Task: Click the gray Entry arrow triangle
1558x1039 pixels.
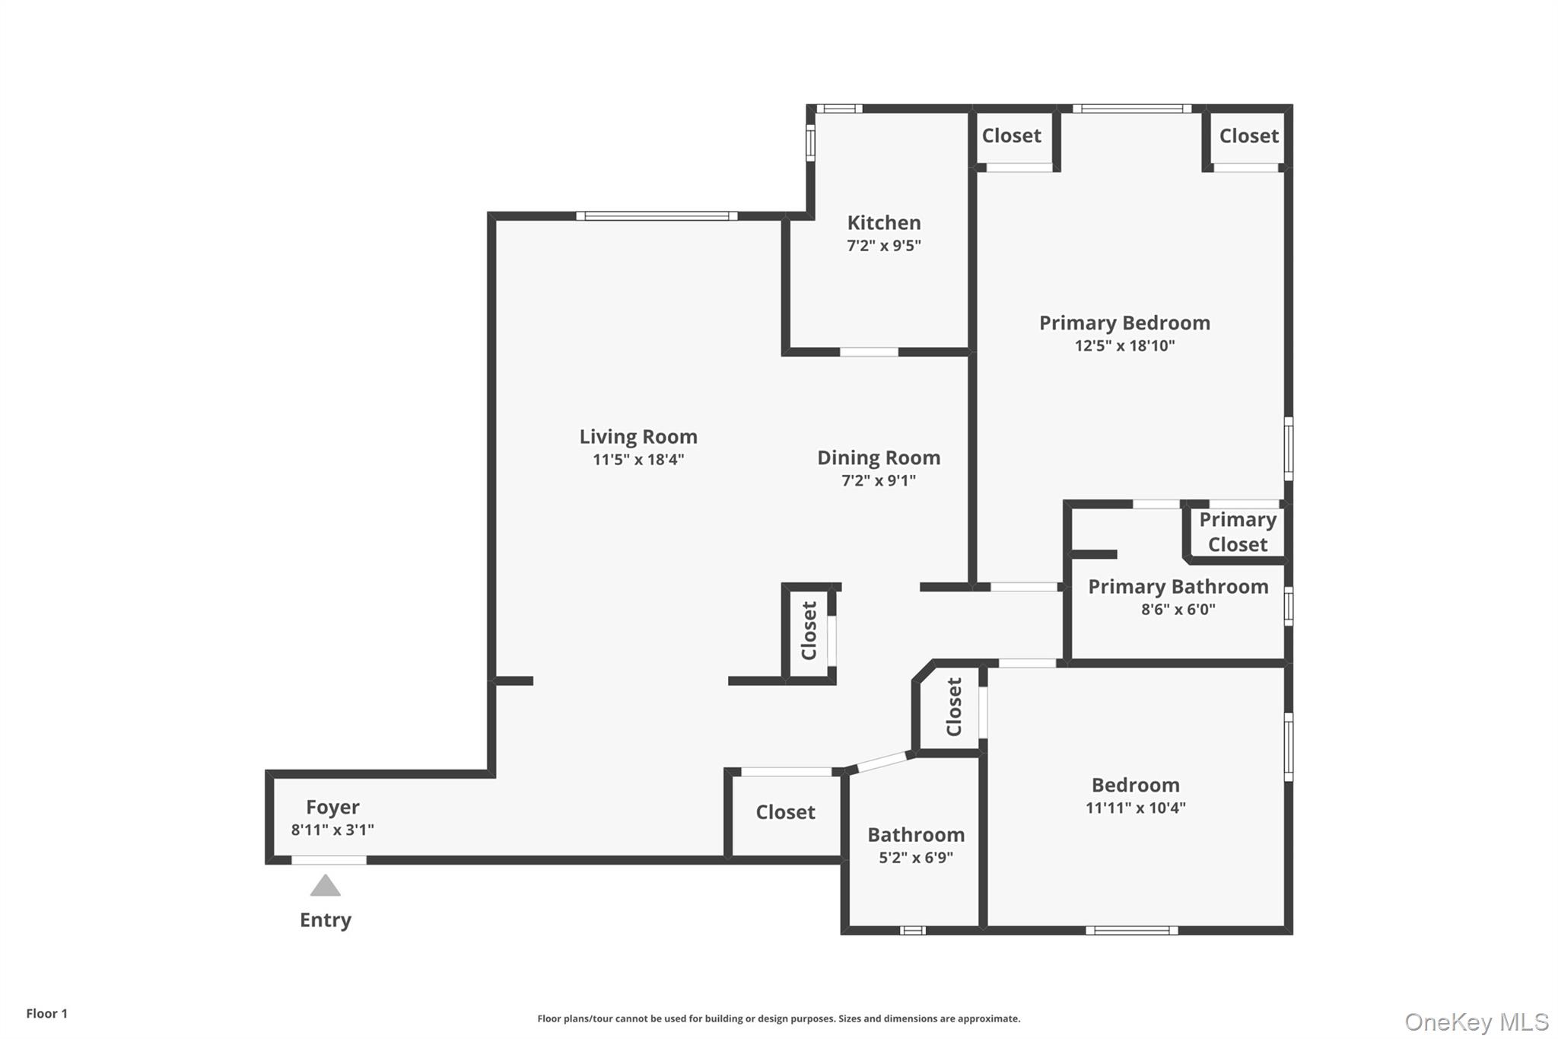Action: click(x=326, y=886)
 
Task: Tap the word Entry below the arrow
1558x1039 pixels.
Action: click(x=326, y=920)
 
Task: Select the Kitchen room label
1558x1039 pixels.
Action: click(x=884, y=223)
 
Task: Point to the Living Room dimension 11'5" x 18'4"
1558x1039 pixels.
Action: click(x=638, y=460)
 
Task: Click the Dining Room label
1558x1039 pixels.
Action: click(x=879, y=457)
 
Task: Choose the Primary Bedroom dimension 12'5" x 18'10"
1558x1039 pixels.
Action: click(x=1124, y=346)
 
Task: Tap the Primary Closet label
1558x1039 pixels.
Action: click(x=1238, y=532)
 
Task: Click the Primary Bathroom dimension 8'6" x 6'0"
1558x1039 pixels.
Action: click(x=1178, y=610)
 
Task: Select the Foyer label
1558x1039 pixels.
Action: click(x=332, y=807)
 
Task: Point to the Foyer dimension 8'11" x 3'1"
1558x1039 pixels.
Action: click(x=332, y=830)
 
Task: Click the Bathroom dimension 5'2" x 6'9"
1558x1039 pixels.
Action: click(x=916, y=858)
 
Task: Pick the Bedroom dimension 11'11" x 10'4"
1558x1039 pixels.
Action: click(x=1135, y=808)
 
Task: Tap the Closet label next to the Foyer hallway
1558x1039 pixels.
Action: click(x=785, y=812)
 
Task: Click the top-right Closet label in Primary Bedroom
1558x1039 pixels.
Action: click(x=1248, y=136)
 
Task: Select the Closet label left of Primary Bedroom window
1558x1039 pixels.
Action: click(x=1011, y=136)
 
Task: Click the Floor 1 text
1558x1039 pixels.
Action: click(x=47, y=1014)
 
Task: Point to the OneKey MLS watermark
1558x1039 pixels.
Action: click(x=1476, y=1022)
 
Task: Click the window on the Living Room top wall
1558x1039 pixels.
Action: click(x=657, y=216)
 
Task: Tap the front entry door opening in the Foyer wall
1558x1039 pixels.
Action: click(x=329, y=860)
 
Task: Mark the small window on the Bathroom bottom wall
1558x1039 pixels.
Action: click(x=912, y=930)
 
